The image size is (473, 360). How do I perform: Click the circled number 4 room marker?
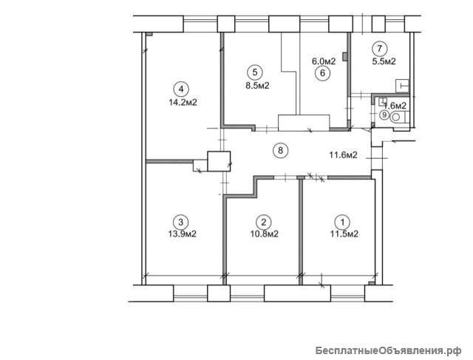pos(181,89)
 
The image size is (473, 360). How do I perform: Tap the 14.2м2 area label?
pos(183,103)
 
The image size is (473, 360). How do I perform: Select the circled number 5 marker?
pos(255,72)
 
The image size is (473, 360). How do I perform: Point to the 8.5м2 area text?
pos(257,86)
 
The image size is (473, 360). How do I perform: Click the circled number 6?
pos(323,73)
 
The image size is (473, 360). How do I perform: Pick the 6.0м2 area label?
pos(324,61)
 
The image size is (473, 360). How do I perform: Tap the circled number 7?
pos(379,49)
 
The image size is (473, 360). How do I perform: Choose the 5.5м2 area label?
pos(384,61)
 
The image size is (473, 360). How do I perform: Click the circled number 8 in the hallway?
pos(281,150)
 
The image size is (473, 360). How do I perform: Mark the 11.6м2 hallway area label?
pos(343,155)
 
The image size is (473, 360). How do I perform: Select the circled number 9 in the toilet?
pos(384,115)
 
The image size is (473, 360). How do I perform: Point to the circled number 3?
pos(180,222)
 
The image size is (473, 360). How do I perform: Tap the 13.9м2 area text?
pos(183,234)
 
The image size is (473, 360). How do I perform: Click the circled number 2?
pos(264,223)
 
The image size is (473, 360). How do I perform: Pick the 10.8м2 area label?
pos(265,234)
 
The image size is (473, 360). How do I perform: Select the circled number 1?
pos(342,223)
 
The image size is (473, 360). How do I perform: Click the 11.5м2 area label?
pos(344,234)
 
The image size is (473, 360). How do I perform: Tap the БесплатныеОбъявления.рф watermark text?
pos(389,350)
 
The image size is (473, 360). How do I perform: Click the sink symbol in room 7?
pos(402,86)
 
